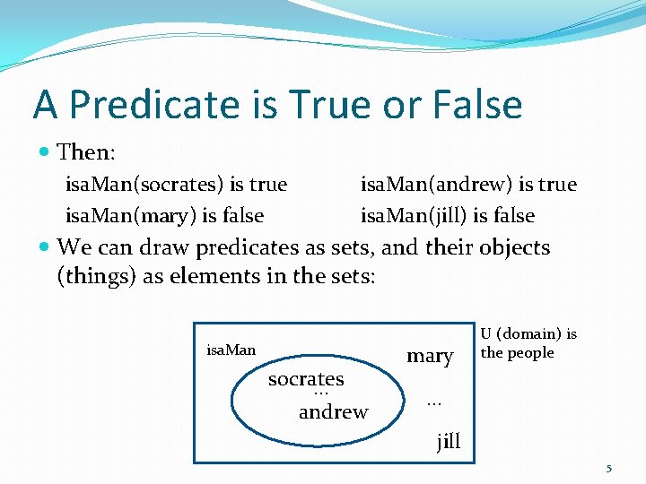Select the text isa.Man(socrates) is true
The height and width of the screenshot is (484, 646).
176,185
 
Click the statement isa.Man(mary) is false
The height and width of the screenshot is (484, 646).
164,215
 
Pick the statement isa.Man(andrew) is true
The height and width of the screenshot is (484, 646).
468,185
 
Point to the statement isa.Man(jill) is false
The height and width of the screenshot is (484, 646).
447,215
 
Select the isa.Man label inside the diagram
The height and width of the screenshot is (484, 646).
231,350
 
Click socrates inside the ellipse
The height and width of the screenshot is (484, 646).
306,379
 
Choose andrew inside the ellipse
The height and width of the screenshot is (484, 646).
333,412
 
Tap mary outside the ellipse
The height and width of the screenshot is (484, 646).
430,356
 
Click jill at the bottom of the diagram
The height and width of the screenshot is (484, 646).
448,440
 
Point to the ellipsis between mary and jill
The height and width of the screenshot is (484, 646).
434,402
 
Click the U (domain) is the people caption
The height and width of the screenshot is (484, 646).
528,343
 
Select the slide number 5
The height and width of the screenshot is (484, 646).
609,468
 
